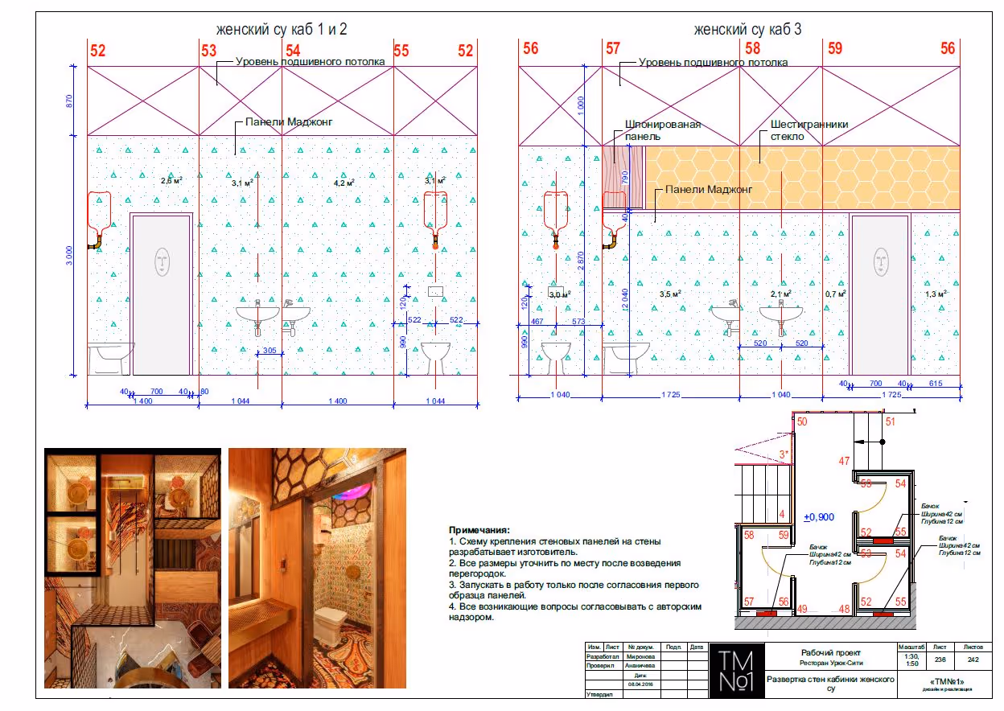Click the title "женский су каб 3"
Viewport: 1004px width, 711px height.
click(747, 30)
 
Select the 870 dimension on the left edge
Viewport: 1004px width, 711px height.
click(70, 101)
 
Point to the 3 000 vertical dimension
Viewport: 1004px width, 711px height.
click(70, 255)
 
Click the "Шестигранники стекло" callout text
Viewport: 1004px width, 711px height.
click(809, 130)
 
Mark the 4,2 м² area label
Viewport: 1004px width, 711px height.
click(344, 183)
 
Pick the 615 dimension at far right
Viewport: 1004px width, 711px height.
click(935, 384)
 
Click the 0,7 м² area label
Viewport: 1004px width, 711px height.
click(836, 294)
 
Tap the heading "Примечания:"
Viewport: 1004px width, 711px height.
click(479, 531)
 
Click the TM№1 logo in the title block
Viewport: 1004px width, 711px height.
click(736, 671)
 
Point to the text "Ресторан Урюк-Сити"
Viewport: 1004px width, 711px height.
click(830, 664)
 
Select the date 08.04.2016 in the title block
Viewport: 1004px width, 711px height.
click(642, 684)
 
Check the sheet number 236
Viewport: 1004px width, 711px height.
click(940, 659)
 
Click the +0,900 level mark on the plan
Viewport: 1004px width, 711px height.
click(819, 517)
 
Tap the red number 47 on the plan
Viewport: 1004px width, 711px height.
click(844, 462)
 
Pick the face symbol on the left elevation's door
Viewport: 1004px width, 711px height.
click(163, 261)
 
